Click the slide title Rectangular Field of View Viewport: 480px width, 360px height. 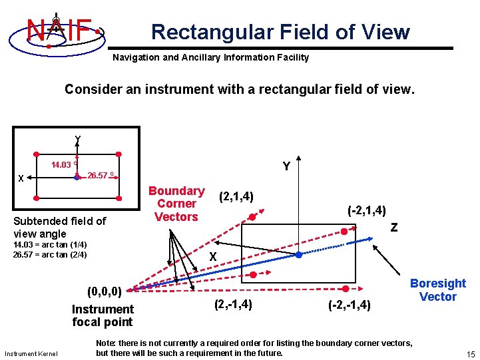click(280, 31)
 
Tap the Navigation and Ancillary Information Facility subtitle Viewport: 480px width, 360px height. click(210, 57)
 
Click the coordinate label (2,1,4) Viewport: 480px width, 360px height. click(236, 196)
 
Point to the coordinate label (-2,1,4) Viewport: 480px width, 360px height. click(367, 210)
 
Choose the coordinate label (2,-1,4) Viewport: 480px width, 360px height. click(232, 304)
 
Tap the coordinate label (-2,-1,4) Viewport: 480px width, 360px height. click(353, 305)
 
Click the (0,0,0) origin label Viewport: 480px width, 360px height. click(104, 291)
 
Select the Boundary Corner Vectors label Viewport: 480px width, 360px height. click(176, 204)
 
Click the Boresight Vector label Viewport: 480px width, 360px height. click(437, 290)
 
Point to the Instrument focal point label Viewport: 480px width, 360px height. click(103, 315)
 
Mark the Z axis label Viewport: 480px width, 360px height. click(394, 228)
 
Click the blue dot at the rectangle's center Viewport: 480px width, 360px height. click(299, 255)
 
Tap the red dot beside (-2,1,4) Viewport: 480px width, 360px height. click(344, 232)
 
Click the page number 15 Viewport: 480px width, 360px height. click(470, 353)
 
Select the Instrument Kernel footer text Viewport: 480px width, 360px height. click(31, 353)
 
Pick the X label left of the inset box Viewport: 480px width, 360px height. click(21, 178)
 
